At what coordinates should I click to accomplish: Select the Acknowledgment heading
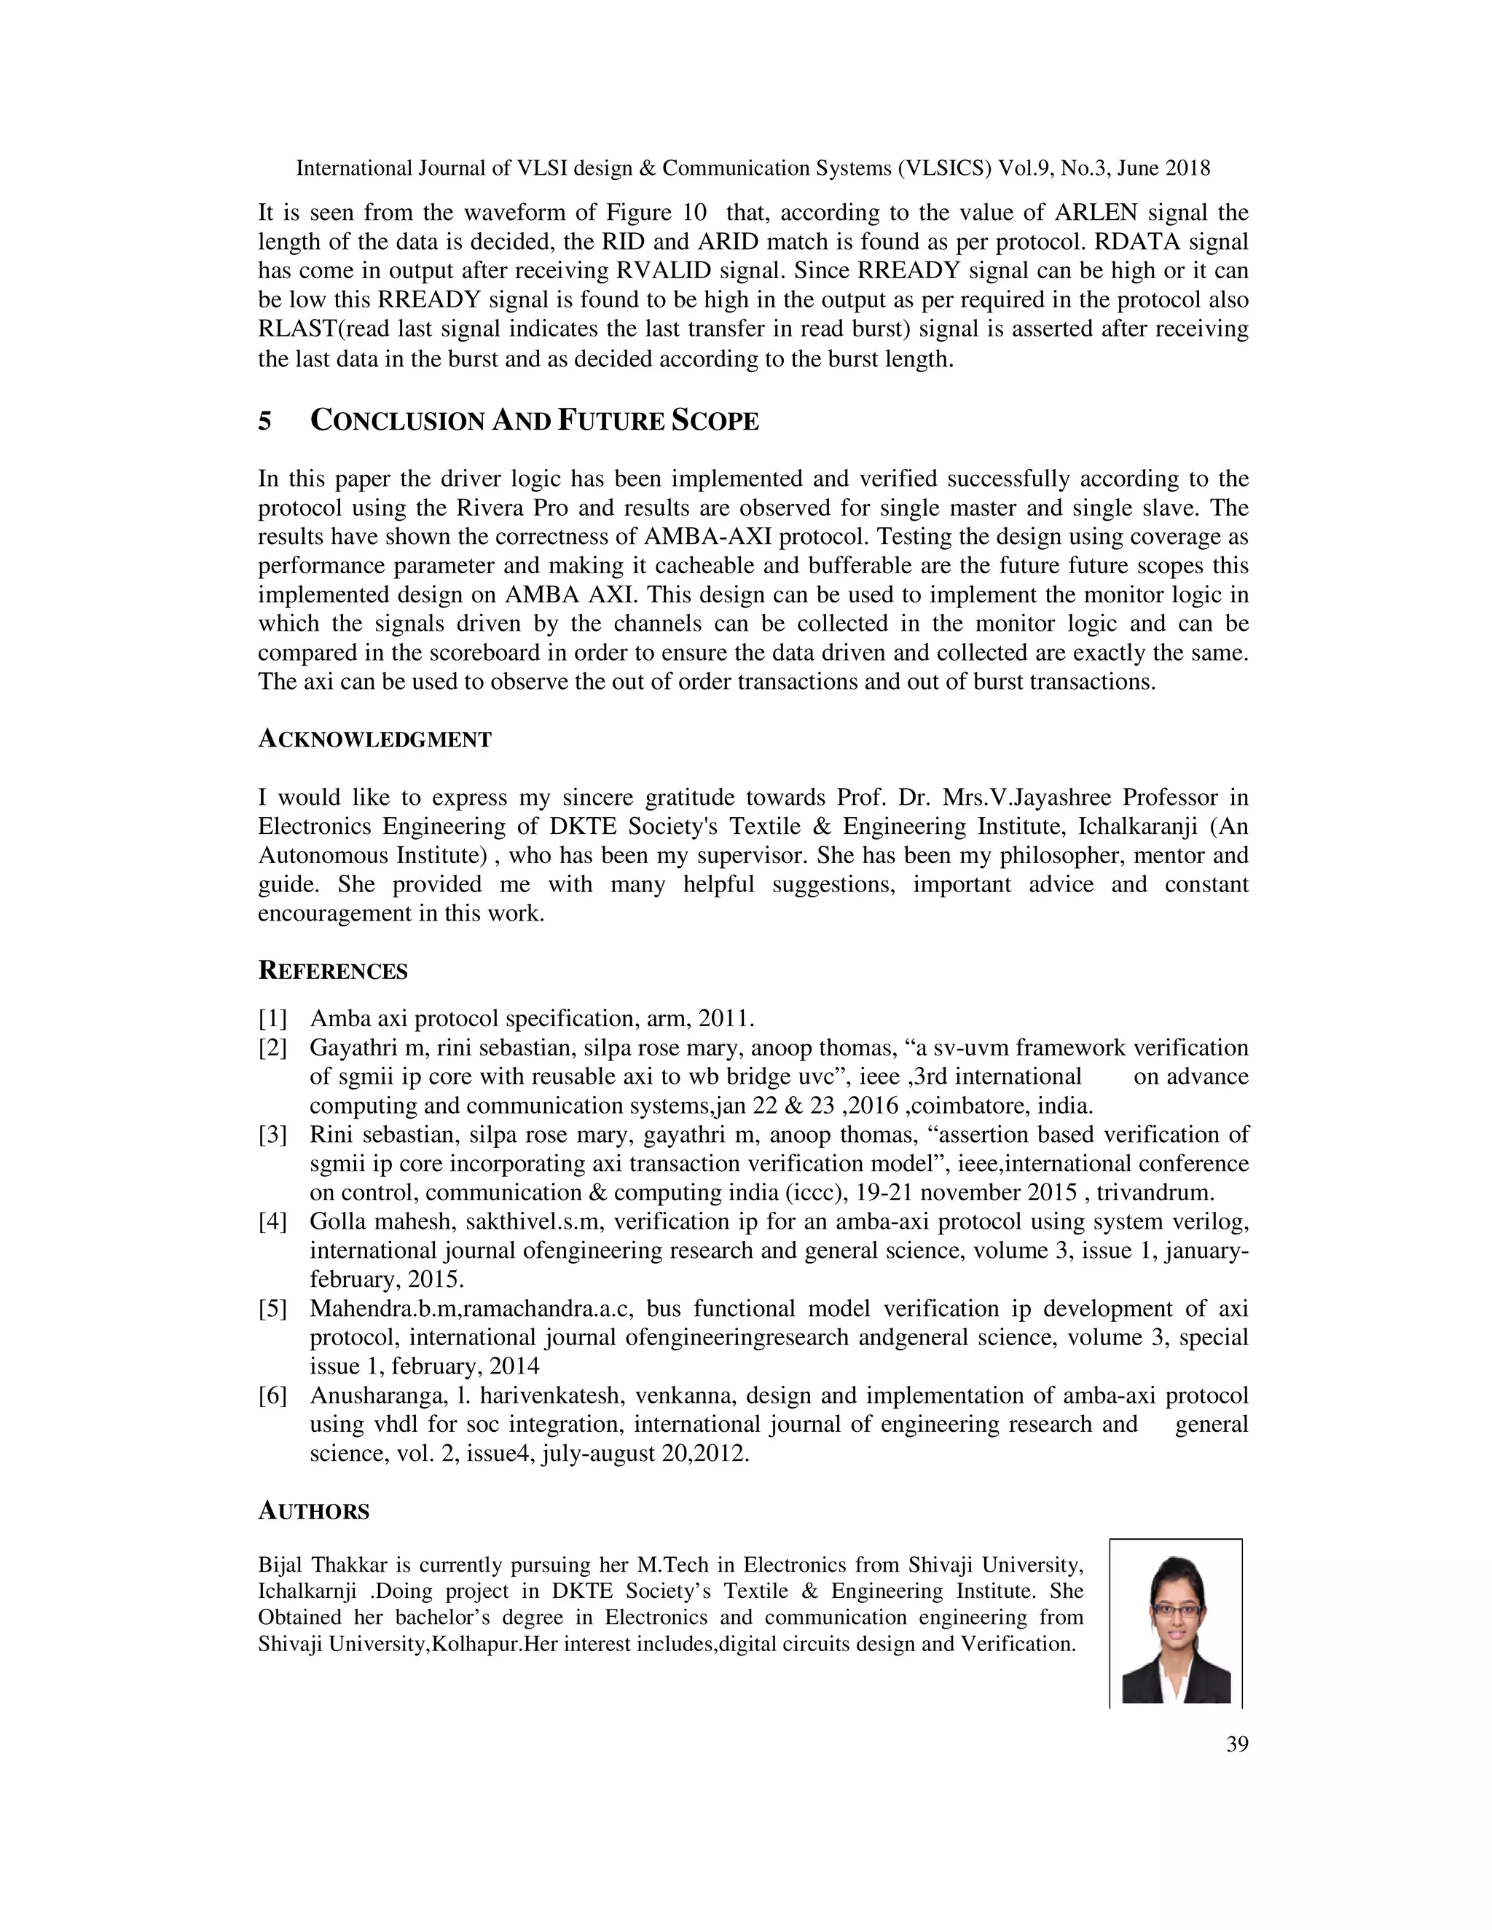(374, 740)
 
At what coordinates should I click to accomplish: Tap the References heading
(332, 971)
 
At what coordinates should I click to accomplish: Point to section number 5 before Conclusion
(264, 422)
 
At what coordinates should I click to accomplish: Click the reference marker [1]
(272, 1019)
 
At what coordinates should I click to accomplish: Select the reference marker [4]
(272, 1222)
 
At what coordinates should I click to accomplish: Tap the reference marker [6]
(272, 1395)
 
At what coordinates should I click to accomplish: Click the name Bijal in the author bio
(281, 1565)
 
